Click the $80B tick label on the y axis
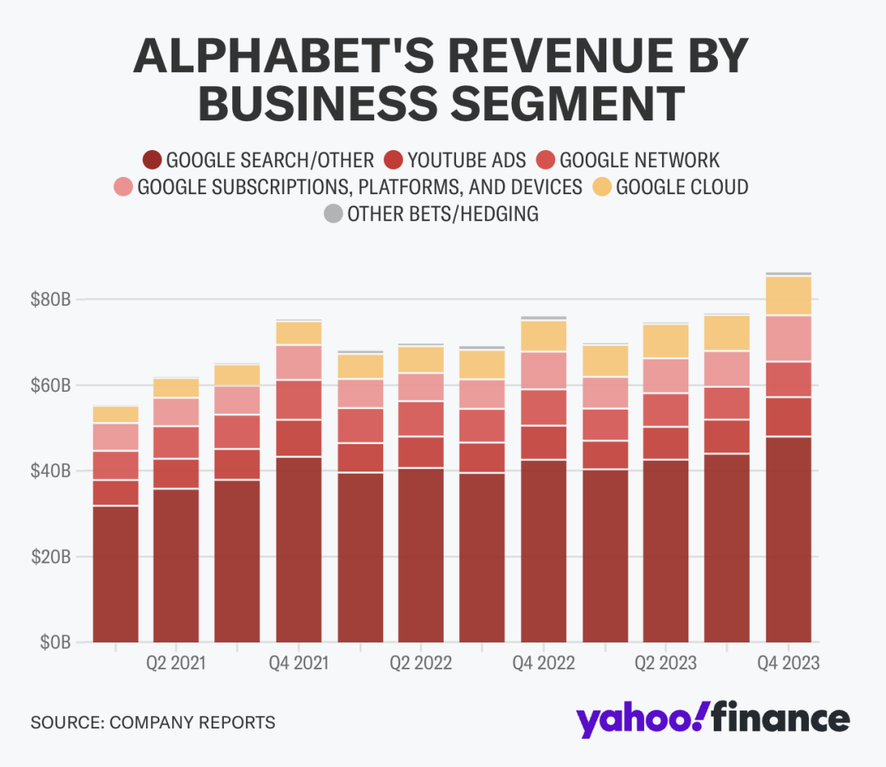pos(50,299)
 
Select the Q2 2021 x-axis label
pos(176,662)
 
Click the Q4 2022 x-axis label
pos(542,662)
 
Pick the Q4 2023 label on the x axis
pos(788,662)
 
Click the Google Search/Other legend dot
pos(152,160)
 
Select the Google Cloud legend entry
pos(682,187)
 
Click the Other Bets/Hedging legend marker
pos(332,215)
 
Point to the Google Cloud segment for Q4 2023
pos(788,296)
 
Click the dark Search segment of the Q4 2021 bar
pos(299,549)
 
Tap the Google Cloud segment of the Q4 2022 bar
pos(543,336)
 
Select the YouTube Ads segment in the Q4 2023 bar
pos(788,416)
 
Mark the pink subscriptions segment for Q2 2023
pos(666,375)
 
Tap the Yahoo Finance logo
pos(712,719)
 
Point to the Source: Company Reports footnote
pos(153,723)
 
